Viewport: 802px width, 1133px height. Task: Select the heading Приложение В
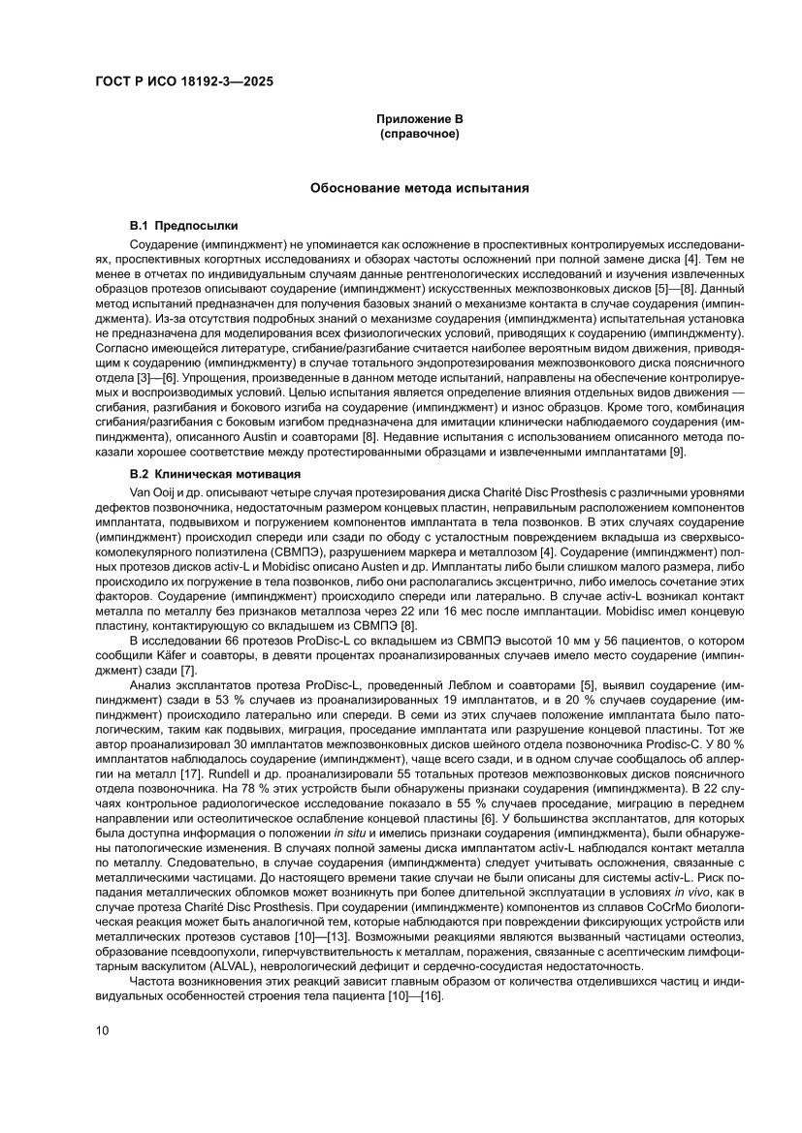coord(419,118)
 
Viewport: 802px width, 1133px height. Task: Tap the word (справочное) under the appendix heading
coord(419,133)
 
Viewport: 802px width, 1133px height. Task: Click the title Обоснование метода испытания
coord(419,188)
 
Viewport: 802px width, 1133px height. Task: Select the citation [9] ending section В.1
coord(677,453)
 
